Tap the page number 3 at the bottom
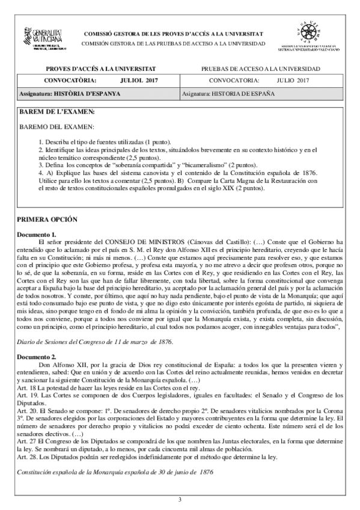pos(180,499)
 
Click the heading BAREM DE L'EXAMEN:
pos(57,112)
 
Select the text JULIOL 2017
pos(136,80)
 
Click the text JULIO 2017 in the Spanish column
pos(293,80)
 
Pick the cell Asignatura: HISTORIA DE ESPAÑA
pos(228,94)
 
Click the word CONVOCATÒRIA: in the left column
pos(64,80)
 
